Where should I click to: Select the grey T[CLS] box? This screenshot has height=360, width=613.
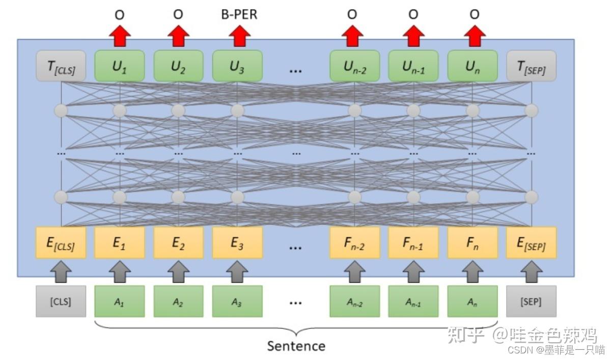(61, 66)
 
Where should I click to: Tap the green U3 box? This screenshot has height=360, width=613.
(237, 66)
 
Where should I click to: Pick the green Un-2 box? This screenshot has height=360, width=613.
(354, 66)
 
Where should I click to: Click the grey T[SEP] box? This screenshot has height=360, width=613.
(531, 66)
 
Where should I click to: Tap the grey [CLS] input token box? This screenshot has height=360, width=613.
(61, 301)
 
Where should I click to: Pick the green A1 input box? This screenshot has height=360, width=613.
(120, 301)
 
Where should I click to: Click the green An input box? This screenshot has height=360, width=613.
(472, 301)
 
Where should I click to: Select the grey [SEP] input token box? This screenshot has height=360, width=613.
(531, 301)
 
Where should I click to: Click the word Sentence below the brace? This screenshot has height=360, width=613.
(296, 346)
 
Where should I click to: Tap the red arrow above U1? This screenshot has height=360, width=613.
(120, 36)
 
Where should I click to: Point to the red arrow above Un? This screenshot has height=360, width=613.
(474, 36)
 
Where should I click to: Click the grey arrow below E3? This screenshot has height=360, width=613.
(237, 272)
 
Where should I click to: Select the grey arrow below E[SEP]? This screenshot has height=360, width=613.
(531, 272)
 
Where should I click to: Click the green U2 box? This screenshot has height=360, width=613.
(178, 66)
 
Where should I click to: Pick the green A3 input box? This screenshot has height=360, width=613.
(237, 301)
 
